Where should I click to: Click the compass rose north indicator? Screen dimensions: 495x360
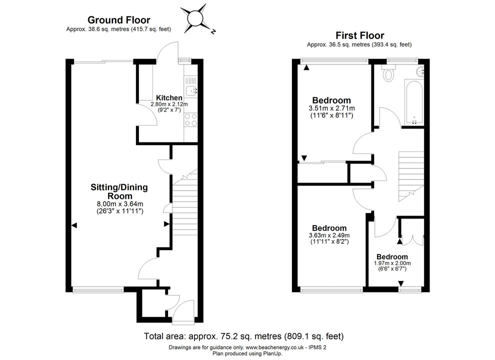(213, 31)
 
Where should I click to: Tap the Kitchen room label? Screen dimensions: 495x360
(169, 98)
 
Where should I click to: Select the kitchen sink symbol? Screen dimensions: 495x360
(190, 90)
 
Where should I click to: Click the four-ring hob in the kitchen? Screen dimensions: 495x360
(190, 119)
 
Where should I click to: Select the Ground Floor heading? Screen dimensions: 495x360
(118, 20)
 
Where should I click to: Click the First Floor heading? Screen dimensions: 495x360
(359, 35)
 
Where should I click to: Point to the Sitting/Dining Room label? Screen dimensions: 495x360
(119, 191)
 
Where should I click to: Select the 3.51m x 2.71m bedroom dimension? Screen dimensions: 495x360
(332, 108)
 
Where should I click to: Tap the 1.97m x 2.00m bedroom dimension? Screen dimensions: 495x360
(392, 263)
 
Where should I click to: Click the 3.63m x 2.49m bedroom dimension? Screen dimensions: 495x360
(329, 235)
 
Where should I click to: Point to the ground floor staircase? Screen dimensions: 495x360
(184, 202)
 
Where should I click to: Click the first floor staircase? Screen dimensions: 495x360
(411, 176)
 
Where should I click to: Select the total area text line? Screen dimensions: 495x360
(243, 336)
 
